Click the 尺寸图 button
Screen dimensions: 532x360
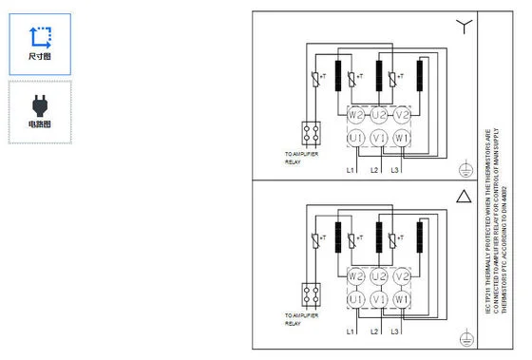39,44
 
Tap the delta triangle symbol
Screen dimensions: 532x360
464,198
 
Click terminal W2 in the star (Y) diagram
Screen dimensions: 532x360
356,116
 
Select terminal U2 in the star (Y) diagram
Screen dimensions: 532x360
379,116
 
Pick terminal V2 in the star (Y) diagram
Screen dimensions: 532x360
402,116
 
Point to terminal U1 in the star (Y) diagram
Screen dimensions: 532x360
356,139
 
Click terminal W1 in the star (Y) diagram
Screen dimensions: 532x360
402,139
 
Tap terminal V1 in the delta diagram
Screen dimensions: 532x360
379,299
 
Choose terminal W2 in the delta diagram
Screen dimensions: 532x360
356,276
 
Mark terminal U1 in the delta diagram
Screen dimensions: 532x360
356,299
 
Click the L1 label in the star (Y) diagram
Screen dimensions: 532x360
351,170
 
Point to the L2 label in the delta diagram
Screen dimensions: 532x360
374,331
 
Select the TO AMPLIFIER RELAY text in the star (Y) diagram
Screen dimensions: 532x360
303,158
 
